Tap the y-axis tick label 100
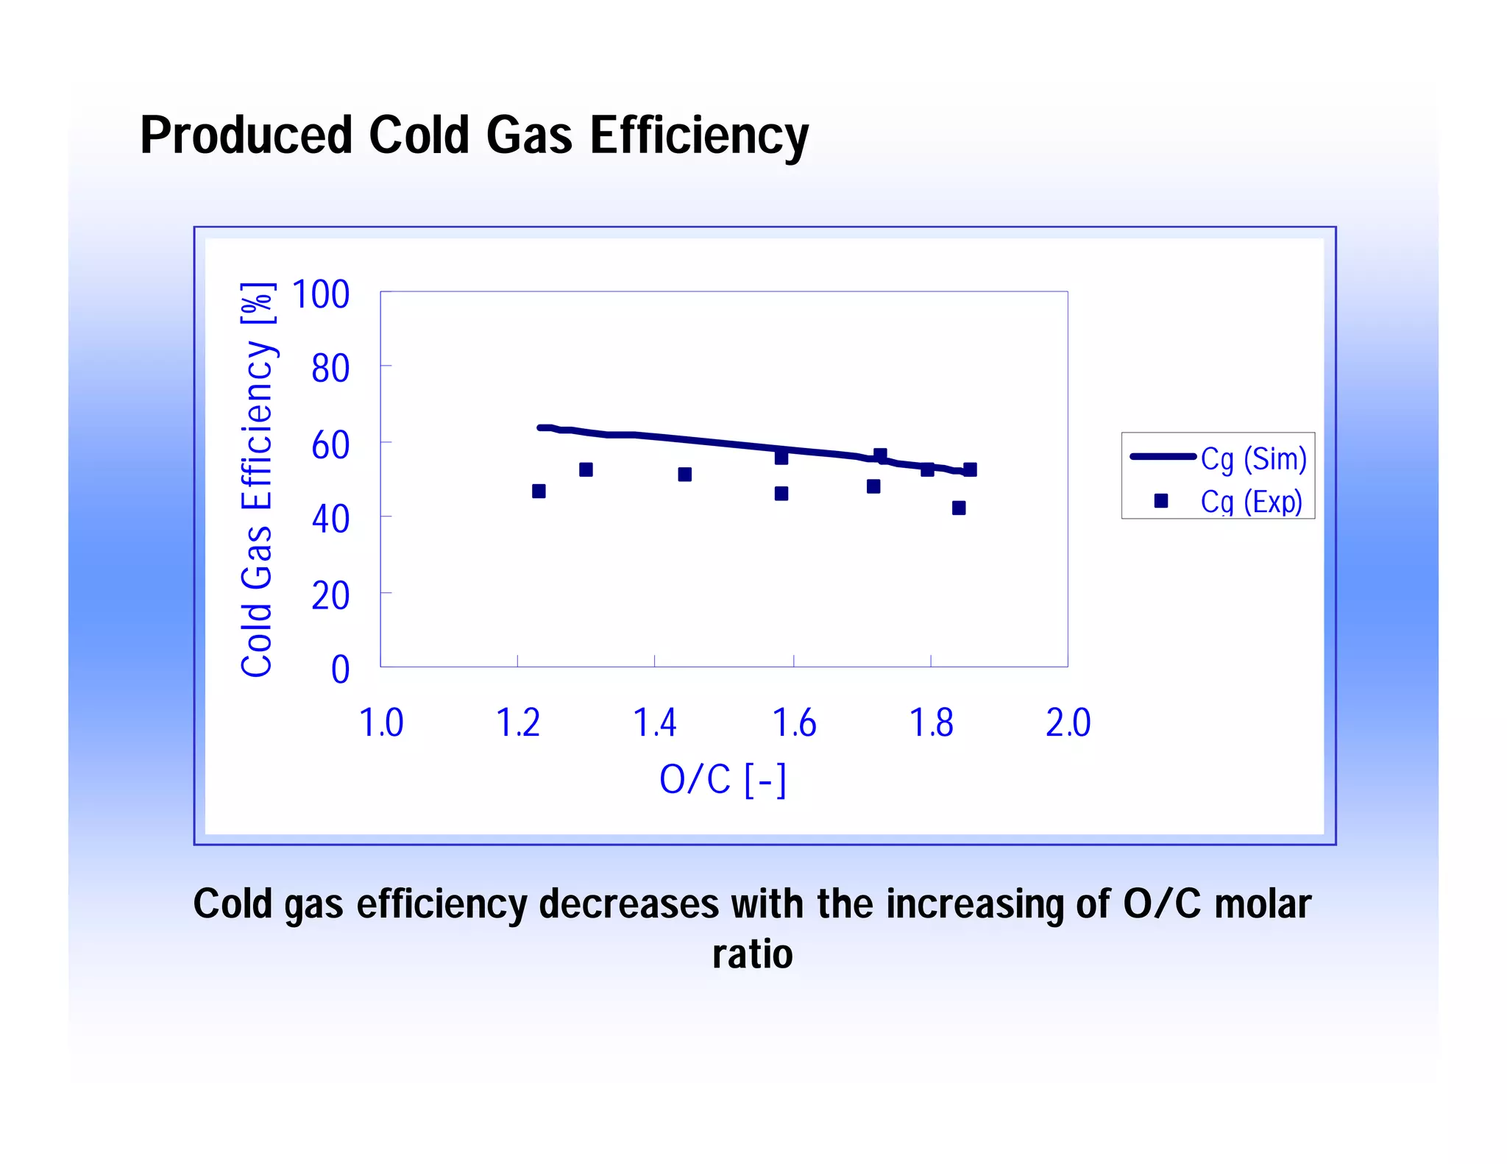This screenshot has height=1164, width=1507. tap(320, 294)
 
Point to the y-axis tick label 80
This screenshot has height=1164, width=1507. tap(330, 368)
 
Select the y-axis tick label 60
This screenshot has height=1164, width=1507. tap(330, 445)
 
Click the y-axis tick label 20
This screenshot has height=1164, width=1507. tap(330, 595)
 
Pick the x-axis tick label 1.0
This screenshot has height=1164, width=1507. tap(380, 723)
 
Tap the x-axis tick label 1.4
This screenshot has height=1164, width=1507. tap(654, 723)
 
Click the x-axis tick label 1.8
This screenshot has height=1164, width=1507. tap(931, 723)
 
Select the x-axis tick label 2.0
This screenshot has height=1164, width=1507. tap(1068, 723)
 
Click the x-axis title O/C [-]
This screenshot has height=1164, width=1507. tap(723, 779)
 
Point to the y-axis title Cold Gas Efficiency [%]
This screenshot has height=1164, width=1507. tap(257, 479)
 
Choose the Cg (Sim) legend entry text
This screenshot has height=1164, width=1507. tap(1253, 458)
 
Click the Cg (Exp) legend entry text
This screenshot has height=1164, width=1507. tap(1251, 502)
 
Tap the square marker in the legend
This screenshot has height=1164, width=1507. tap(1161, 501)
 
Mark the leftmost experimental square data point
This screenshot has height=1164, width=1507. tap(539, 491)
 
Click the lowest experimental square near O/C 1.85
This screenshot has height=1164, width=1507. tap(958, 508)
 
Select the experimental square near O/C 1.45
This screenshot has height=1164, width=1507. tap(684, 475)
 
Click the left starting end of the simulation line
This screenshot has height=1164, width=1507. tap(540, 427)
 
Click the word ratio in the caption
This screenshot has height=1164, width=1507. tap(752, 954)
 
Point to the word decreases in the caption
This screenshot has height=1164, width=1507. tap(628, 904)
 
